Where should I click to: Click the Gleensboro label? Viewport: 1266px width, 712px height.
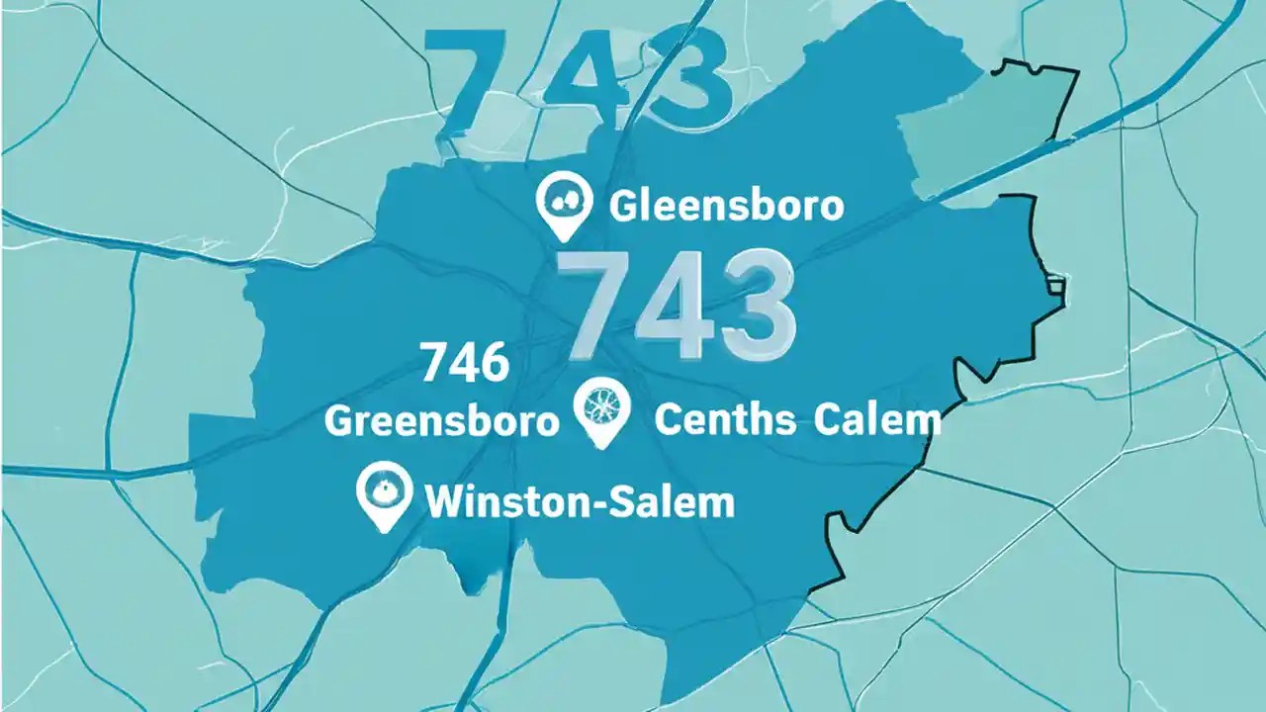(x=727, y=206)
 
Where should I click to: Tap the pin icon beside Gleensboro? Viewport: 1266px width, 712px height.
(x=563, y=203)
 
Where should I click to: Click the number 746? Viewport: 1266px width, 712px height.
(x=465, y=362)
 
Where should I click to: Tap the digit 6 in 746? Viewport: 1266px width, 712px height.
(x=493, y=362)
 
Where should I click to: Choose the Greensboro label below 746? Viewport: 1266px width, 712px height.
(x=441, y=421)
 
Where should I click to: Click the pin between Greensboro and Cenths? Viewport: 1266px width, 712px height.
(x=601, y=409)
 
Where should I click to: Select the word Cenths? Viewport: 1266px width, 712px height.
(x=725, y=420)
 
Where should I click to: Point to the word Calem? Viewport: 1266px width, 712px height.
(x=877, y=420)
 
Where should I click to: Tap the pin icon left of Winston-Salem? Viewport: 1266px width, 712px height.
(x=382, y=493)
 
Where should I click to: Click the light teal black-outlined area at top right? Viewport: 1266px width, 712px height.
(x=979, y=129)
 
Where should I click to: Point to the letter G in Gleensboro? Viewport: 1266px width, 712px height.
(x=624, y=206)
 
